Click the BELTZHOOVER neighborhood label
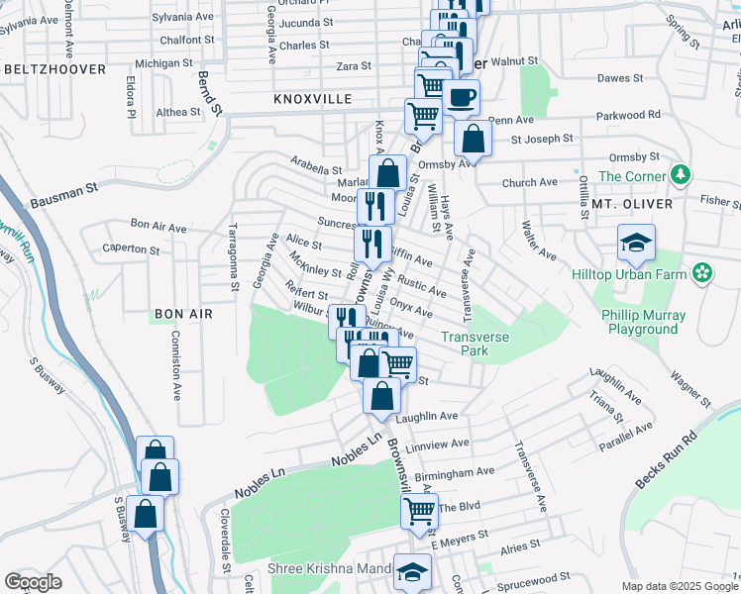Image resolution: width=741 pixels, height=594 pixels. click(x=54, y=69)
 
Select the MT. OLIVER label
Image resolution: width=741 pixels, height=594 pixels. click(x=631, y=204)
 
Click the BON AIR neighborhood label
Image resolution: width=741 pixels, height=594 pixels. click(x=183, y=314)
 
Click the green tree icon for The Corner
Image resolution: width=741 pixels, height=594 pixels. click(x=680, y=175)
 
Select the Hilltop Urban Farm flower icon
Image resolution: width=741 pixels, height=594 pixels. click(x=702, y=271)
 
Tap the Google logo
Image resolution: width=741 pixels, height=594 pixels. click(x=33, y=582)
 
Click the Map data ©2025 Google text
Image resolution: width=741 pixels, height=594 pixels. click(x=679, y=586)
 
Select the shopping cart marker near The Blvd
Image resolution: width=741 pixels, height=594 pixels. click(x=419, y=512)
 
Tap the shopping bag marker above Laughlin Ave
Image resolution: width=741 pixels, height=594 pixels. click(x=381, y=396)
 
